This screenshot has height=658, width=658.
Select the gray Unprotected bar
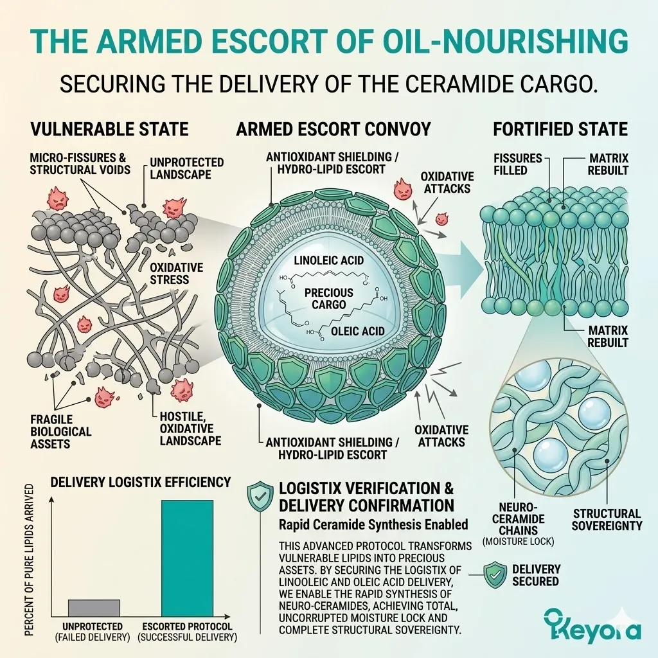click(94, 607)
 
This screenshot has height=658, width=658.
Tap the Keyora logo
click(591, 623)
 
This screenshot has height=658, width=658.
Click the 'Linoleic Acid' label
click(328, 260)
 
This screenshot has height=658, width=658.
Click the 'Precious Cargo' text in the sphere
click(329, 298)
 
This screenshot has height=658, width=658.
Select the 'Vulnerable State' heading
click(109, 129)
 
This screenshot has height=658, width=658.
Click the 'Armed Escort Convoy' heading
click(333, 129)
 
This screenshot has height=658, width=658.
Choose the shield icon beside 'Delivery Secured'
click(493, 574)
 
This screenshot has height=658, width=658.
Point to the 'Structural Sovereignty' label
click(607, 519)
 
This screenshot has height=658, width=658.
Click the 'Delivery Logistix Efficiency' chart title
click(141, 481)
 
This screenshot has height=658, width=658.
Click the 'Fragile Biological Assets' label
click(51, 431)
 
